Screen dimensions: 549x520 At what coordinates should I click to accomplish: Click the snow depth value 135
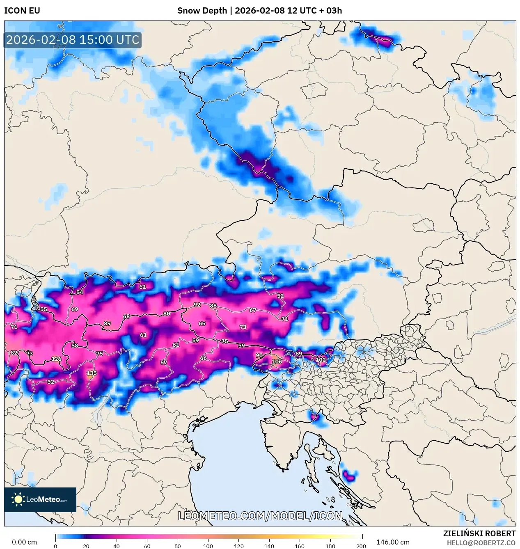(92, 373)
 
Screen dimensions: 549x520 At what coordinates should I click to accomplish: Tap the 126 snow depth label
(56, 359)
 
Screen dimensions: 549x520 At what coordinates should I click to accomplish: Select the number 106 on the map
(277, 361)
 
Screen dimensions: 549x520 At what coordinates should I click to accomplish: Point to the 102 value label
(321, 360)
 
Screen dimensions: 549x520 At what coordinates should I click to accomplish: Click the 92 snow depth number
(197, 305)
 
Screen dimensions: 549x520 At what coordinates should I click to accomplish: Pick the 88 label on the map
(213, 306)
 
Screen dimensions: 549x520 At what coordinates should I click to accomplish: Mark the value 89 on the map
(107, 323)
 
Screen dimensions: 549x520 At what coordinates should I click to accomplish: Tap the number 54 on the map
(80, 292)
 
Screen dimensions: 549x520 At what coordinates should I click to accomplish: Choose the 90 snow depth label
(259, 355)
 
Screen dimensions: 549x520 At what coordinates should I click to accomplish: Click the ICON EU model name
(22, 11)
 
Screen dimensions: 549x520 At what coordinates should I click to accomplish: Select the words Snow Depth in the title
(202, 11)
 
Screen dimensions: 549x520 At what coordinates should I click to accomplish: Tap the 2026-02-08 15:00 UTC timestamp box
(73, 40)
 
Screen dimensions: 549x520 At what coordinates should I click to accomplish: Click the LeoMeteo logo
(40, 499)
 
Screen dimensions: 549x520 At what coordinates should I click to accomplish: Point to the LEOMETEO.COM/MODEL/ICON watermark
(260, 516)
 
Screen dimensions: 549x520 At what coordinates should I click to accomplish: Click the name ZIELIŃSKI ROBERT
(479, 533)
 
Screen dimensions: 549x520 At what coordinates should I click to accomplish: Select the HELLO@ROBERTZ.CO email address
(481, 542)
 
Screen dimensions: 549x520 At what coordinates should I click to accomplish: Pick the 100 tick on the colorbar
(208, 546)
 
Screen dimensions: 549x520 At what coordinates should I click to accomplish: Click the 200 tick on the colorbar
(361, 546)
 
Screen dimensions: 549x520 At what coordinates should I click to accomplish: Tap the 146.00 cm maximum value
(393, 542)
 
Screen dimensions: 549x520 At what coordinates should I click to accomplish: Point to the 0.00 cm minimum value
(24, 542)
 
